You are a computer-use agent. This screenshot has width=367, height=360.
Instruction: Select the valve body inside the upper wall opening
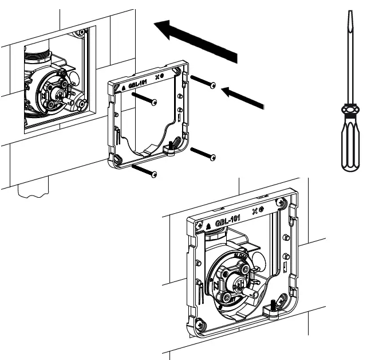[52, 92]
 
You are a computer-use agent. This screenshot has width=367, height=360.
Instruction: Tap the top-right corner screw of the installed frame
[279, 202]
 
